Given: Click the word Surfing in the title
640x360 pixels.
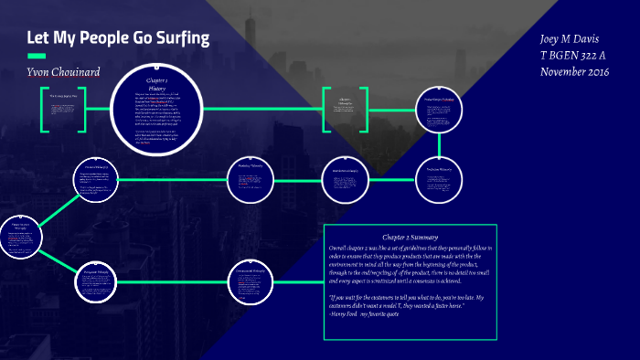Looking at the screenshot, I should pos(177,38).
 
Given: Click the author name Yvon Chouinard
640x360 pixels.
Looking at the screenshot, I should pos(63,72).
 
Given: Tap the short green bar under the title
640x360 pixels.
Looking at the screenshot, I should pos(37,57).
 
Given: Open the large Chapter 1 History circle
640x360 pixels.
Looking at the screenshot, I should pos(155,110).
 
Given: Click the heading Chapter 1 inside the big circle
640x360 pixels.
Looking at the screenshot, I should pos(155,81).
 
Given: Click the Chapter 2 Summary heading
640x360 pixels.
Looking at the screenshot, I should pos(410,237).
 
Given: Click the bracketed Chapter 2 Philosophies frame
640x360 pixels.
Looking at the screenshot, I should pos(345,110).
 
